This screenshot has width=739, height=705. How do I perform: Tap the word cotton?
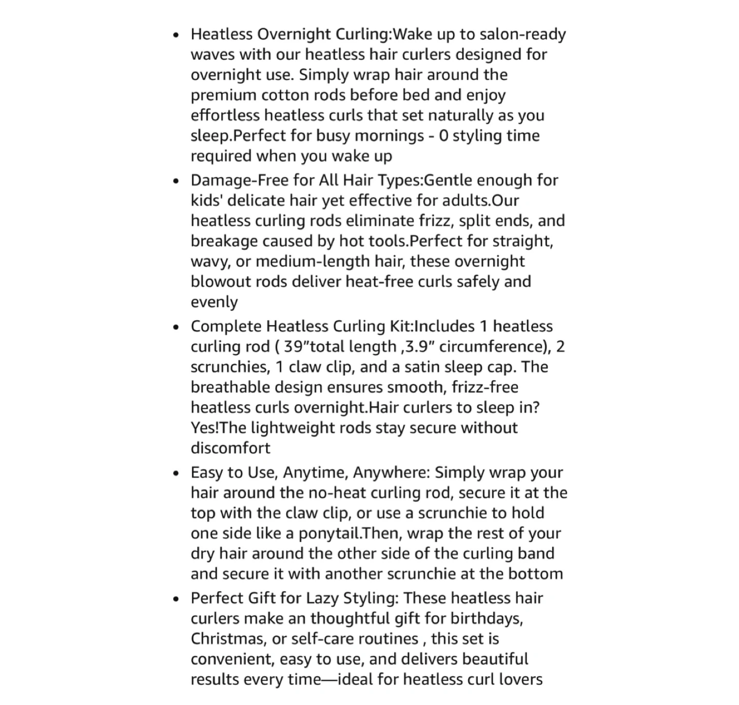pyautogui.click(x=290, y=96)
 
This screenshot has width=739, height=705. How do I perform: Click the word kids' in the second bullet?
pyautogui.click(x=207, y=201)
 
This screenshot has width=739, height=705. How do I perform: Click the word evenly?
pyautogui.click(x=214, y=302)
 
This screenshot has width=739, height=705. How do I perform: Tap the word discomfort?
pyautogui.click(x=230, y=448)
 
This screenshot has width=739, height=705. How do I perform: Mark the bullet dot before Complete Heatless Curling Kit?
pyautogui.click(x=176, y=327)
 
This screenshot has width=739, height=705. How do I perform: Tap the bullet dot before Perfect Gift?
pyautogui.click(x=176, y=599)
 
